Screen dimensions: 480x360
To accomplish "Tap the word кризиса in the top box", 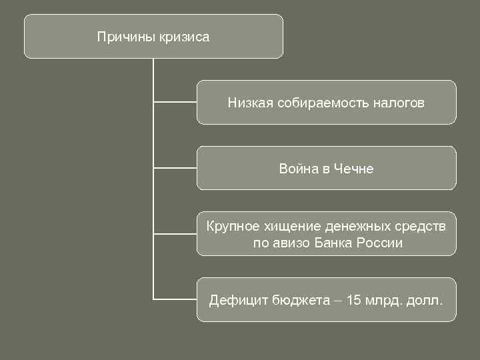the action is point(184,37).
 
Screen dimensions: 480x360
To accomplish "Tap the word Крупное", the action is point(231,227).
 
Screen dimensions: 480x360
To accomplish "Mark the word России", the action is point(380,243).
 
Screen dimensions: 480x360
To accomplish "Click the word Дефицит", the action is point(238,300).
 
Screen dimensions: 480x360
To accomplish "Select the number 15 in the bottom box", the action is point(354,300).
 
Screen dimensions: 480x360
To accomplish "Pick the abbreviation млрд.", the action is point(383,300).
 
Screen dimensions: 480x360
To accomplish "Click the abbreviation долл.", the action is point(425,300).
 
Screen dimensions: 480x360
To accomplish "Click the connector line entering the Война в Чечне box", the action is point(175,168).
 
